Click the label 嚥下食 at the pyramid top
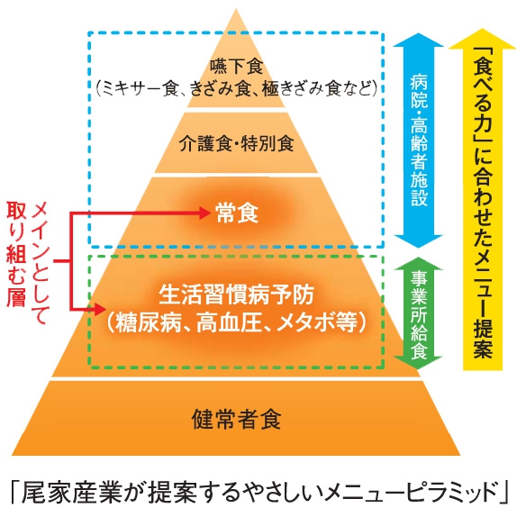236,67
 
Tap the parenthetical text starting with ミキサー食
236,88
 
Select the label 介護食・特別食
236,144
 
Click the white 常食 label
237,213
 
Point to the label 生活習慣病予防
236,295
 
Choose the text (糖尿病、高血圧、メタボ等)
236,322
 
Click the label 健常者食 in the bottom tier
236,419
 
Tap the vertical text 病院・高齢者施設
419,141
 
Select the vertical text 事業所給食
419,314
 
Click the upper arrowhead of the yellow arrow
483,39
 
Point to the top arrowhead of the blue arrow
419,40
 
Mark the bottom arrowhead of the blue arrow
419,241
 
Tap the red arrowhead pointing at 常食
204,213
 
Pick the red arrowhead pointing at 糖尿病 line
100,309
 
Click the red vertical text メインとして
40,263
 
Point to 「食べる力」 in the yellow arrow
483,96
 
